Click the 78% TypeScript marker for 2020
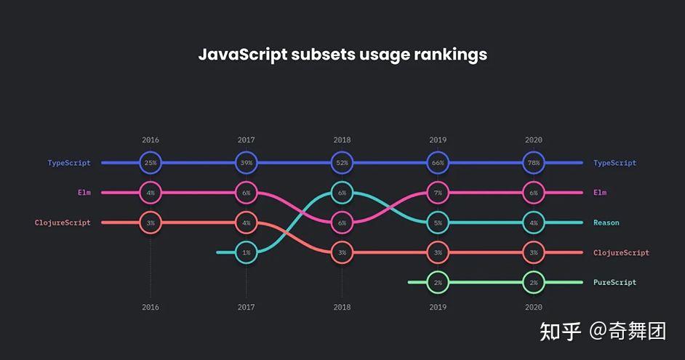pyautogui.click(x=533, y=163)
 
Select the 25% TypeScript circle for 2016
pyautogui.click(x=151, y=163)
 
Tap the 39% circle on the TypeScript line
pyautogui.click(x=247, y=163)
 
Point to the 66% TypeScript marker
pyautogui.click(x=438, y=163)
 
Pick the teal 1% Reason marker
pyautogui.click(x=247, y=252)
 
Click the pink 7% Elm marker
pyautogui.click(x=438, y=193)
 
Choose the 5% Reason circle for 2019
pyautogui.click(x=438, y=223)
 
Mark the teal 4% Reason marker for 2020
pyautogui.click(x=533, y=223)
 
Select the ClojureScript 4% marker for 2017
pyautogui.click(x=247, y=223)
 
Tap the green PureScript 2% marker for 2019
pyautogui.click(x=438, y=282)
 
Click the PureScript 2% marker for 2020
pyautogui.click(x=533, y=282)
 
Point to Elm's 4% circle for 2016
pyautogui.click(x=151, y=193)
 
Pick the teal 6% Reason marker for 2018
pyautogui.click(x=342, y=193)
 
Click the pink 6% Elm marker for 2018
pyautogui.click(x=342, y=223)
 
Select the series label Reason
pyautogui.click(x=606, y=223)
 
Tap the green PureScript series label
pyautogui.click(x=614, y=282)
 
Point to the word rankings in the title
pyautogui.click(x=451, y=55)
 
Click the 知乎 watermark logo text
pyautogui.click(x=559, y=332)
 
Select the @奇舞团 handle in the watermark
pyautogui.click(x=628, y=332)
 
